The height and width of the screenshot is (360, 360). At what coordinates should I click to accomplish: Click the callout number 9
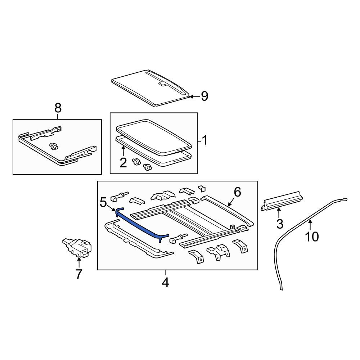click(204, 96)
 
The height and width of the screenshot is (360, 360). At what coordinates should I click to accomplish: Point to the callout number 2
click(123, 163)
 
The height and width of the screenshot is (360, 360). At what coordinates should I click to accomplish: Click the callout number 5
click(103, 203)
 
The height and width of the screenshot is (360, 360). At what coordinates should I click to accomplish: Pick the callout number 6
click(237, 192)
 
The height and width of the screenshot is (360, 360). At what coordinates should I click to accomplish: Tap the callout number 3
click(280, 224)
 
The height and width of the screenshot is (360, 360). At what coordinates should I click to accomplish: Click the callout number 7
click(78, 274)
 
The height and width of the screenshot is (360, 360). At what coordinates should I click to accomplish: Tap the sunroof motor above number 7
click(77, 248)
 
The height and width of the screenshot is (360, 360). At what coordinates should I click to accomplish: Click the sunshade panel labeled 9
click(151, 88)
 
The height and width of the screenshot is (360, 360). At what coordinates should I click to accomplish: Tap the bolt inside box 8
click(54, 146)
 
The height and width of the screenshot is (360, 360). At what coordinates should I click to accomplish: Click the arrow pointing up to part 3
click(279, 212)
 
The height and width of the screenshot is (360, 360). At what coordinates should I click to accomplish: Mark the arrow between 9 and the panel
click(194, 96)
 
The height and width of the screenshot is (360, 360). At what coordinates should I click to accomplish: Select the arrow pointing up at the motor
click(79, 262)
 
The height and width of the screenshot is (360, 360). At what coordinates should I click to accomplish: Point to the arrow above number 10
click(310, 224)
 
